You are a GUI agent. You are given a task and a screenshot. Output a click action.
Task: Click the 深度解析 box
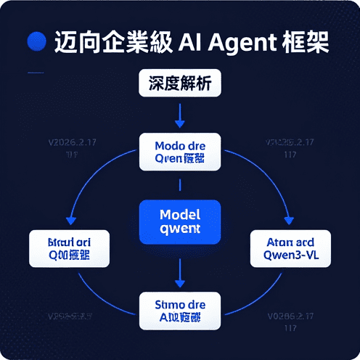[x=179, y=83]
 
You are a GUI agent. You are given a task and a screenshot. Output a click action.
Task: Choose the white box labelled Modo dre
[x=180, y=151]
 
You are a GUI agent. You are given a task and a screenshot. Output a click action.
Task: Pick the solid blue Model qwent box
[x=179, y=222]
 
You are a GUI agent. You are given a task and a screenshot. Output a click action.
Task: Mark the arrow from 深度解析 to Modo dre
[x=180, y=114]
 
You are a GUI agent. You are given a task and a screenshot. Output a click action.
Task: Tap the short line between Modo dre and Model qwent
[x=180, y=187]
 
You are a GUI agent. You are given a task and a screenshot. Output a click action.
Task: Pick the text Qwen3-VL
[x=290, y=255]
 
